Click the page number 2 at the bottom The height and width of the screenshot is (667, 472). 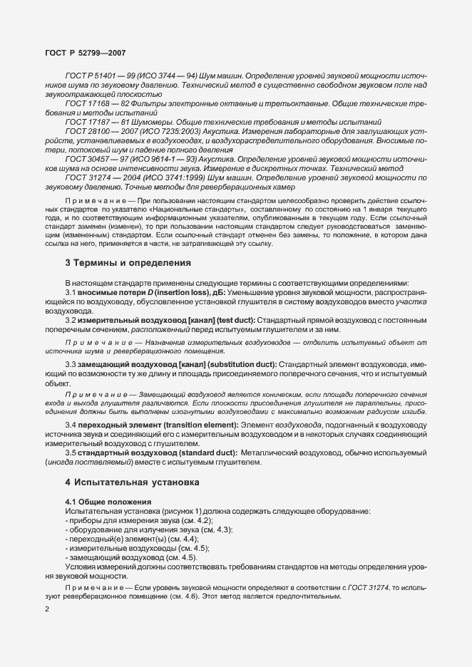(46, 609)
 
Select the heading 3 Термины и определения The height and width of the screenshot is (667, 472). (128, 262)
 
